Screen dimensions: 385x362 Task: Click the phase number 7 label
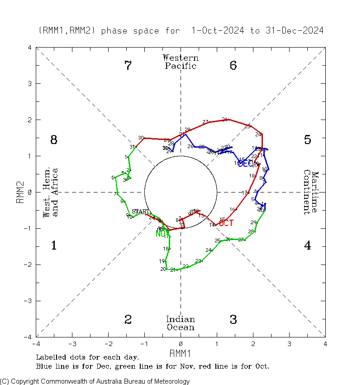[x=128, y=66]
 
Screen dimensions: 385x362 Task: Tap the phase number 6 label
[x=233, y=66]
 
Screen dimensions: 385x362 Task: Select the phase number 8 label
[x=53, y=140]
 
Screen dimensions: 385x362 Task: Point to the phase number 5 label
[x=307, y=140]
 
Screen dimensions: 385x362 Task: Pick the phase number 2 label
[x=128, y=320]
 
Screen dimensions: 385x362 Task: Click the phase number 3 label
[x=233, y=320]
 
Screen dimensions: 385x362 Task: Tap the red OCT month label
[x=226, y=223]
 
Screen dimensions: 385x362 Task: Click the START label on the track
[x=140, y=212]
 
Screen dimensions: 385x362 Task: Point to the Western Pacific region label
[x=181, y=62]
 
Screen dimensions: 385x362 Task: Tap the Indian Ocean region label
[x=181, y=323]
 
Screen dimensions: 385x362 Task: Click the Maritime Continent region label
[x=311, y=192]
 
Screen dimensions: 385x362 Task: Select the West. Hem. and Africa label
[x=51, y=192]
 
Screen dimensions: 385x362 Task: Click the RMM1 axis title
[x=181, y=352]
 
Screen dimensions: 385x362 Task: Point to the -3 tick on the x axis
[x=71, y=344]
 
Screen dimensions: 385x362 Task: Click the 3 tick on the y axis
[x=29, y=84]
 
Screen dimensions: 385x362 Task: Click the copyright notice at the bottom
[x=95, y=381]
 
